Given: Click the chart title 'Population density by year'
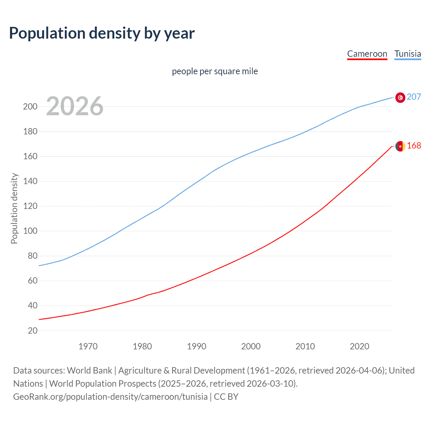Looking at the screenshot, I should pyautogui.click(x=102, y=33).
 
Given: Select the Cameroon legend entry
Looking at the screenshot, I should pyautogui.click(x=367, y=54).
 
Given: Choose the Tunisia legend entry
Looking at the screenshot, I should pyautogui.click(x=407, y=54).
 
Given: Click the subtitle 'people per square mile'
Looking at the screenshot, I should pyautogui.click(x=215, y=71).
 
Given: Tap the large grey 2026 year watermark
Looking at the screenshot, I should pyautogui.click(x=75, y=106).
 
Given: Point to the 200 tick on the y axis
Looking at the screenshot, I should pyautogui.click(x=30, y=107).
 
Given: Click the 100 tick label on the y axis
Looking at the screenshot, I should pyautogui.click(x=30, y=231).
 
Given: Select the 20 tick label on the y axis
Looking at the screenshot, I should pyautogui.click(x=33, y=331).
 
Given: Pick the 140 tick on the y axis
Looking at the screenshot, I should pyautogui.click(x=30, y=181).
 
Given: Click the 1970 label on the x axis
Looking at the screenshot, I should pyautogui.click(x=88, y=346).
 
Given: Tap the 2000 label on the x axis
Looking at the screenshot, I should pyautogui.click(x=251, y=346).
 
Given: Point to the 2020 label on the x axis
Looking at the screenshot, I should pyautogui.click(x=359, y=346).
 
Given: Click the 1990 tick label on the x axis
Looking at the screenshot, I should pyautogui.click(x=197, y=346).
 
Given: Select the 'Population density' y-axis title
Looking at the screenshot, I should pyautogui.click(x=14, y=208).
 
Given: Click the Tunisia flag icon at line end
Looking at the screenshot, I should pyautogui.click(x=400, y=97).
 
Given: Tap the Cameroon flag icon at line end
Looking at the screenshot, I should pyautogui.click(x=400, y=146).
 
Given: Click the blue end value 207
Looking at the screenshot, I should pyautogui.click(x=414, y=97).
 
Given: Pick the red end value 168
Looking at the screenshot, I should pyautogui.click(x=414, y=145).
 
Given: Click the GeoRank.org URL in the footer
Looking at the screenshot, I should pyautogui.click(x=110, y=397).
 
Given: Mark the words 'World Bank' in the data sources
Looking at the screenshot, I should pyautogui.click(x=89, y=371).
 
